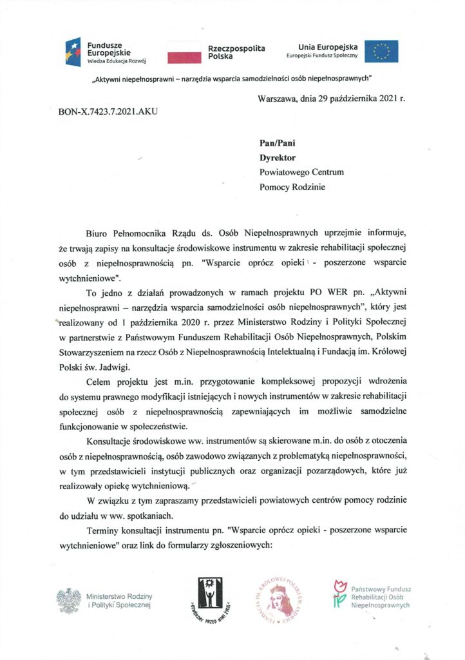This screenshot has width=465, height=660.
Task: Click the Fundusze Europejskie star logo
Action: pos(72,52)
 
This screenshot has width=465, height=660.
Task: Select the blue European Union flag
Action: pos(381,52)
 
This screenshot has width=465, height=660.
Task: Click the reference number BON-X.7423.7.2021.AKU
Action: pos(108,111)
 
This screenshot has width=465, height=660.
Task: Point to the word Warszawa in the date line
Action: pos(276,99)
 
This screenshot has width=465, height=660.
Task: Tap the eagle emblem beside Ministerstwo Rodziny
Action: pos(68,601)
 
